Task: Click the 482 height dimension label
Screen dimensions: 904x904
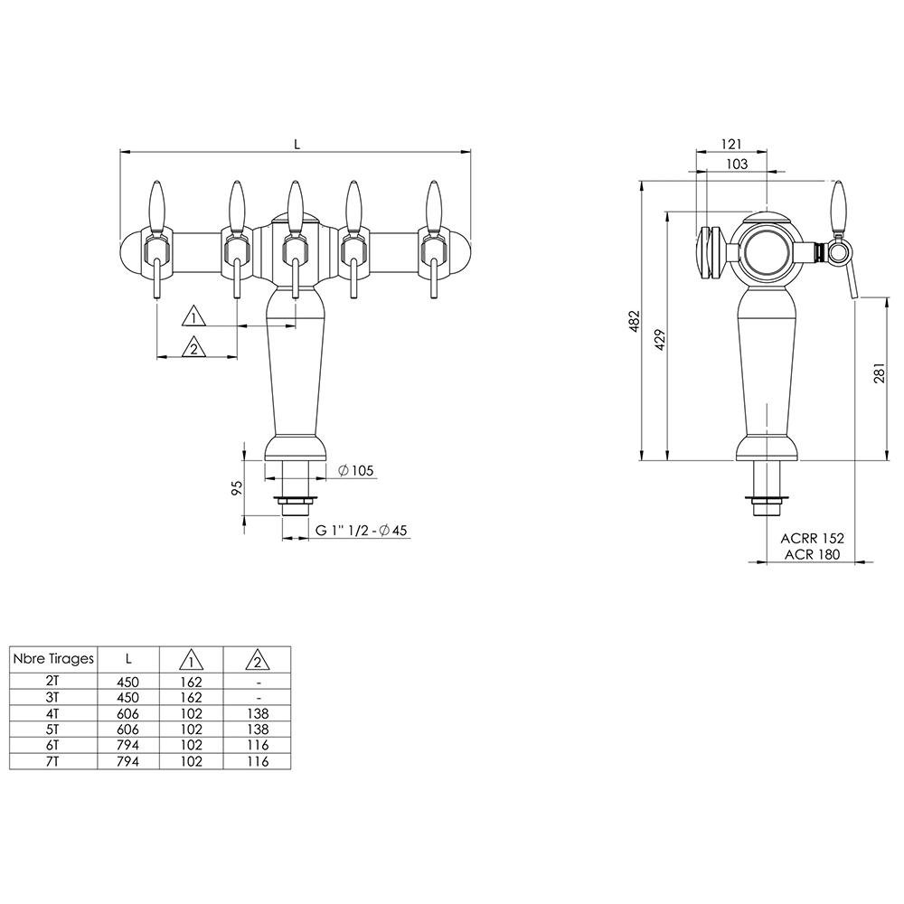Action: point(635,321)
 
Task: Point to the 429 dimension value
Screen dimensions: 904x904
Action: point(661,340)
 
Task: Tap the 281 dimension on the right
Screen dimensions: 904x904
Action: point(879,373)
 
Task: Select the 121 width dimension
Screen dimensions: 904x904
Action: point(731,144)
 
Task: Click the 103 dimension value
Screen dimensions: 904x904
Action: point(736,164)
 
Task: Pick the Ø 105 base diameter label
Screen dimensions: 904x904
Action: point(355,470)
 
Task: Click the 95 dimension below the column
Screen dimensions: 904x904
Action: point(236,488)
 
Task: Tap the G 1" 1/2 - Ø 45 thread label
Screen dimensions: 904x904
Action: point(361,530)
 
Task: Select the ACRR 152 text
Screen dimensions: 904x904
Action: point(812,538)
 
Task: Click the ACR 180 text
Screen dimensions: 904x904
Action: point(812,554)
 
